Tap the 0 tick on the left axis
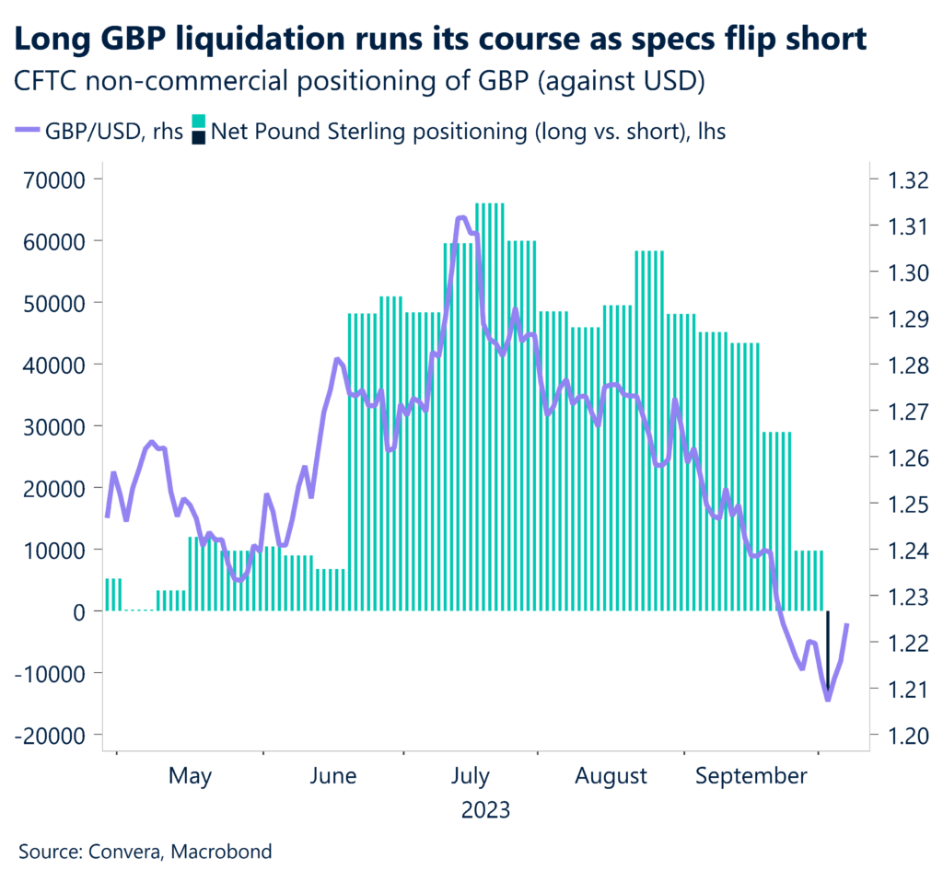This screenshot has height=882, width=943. pos(83,611)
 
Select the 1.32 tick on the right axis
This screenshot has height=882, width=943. pos(899,180)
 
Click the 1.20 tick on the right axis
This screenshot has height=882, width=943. pos(899,735)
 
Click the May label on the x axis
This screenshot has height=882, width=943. pos(190,776)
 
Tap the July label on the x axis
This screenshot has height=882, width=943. pos(471,776)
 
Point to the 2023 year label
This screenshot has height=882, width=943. pos(486,810)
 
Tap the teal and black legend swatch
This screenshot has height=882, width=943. pos(199,131)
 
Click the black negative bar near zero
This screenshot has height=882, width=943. pos(827,649)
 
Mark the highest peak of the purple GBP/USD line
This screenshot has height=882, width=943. pos(462,217)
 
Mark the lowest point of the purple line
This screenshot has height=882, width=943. pos(828,700)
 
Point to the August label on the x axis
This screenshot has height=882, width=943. pos(611,776)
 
